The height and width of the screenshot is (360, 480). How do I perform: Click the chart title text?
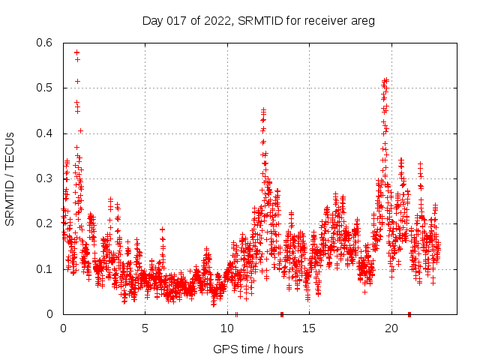point(258,20)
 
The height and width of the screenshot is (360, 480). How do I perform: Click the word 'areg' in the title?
point(361,21)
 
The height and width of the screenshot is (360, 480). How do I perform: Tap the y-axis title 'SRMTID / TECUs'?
point(10,178)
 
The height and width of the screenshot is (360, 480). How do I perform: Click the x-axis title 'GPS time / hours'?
point(258,349)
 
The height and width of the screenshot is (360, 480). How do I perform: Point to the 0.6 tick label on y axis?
point(45,43)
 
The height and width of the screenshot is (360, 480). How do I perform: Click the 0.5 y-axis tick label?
point(45,88)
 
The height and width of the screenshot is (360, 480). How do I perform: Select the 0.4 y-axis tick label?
point(45,133)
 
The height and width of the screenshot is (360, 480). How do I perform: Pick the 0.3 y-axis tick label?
point(45,178)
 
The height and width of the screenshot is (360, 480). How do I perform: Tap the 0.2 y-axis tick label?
point(45,223)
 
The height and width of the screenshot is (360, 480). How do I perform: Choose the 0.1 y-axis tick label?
point(45,269)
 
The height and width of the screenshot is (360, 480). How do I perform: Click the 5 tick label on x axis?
point(145,328)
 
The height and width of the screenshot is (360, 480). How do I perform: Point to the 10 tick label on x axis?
point(226,328)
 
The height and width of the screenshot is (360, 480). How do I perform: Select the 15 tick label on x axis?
point(309,328)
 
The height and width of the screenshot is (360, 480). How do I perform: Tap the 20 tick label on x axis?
point(391,328)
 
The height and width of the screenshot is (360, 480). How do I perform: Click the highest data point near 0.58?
point(76,52)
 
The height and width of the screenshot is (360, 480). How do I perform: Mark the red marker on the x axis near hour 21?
point(409,314)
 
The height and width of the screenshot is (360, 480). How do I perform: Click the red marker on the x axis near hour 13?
point(282,314)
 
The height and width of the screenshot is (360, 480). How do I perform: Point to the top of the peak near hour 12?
point(263,110)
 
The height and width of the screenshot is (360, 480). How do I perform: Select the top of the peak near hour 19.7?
point(385,79)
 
